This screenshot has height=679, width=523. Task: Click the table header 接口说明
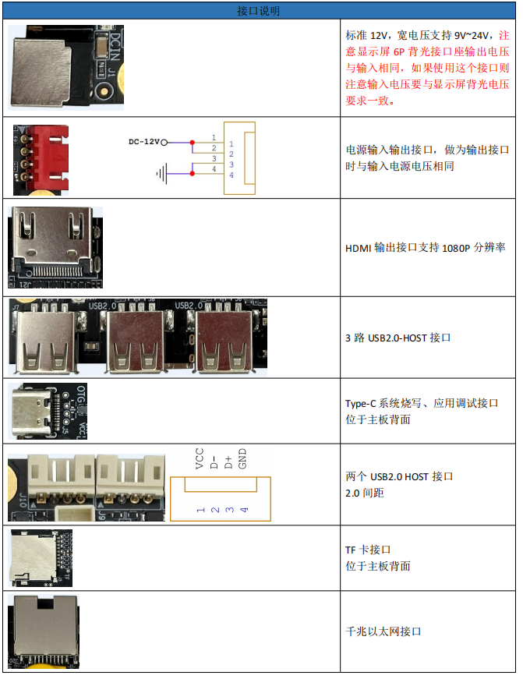259,11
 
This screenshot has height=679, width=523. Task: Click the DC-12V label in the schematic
143,142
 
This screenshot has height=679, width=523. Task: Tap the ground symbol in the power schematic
161,174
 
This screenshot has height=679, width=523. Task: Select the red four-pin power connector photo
41,160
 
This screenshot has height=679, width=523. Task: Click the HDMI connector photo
55,247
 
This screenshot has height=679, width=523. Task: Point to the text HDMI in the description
358,248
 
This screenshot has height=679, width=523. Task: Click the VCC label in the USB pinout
200,458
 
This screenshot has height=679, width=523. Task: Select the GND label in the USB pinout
242,458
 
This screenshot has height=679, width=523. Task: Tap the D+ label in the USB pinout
228,462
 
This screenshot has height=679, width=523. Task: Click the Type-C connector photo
48,411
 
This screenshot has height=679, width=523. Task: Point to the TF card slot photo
41,558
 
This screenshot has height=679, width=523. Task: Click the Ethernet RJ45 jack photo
44,631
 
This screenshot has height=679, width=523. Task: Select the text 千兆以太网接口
383,631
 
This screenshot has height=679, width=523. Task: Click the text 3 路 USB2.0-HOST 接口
398,338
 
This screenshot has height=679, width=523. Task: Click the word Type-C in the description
361,404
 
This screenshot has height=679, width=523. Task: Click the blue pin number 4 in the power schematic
231,175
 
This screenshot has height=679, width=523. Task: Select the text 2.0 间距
365,493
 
